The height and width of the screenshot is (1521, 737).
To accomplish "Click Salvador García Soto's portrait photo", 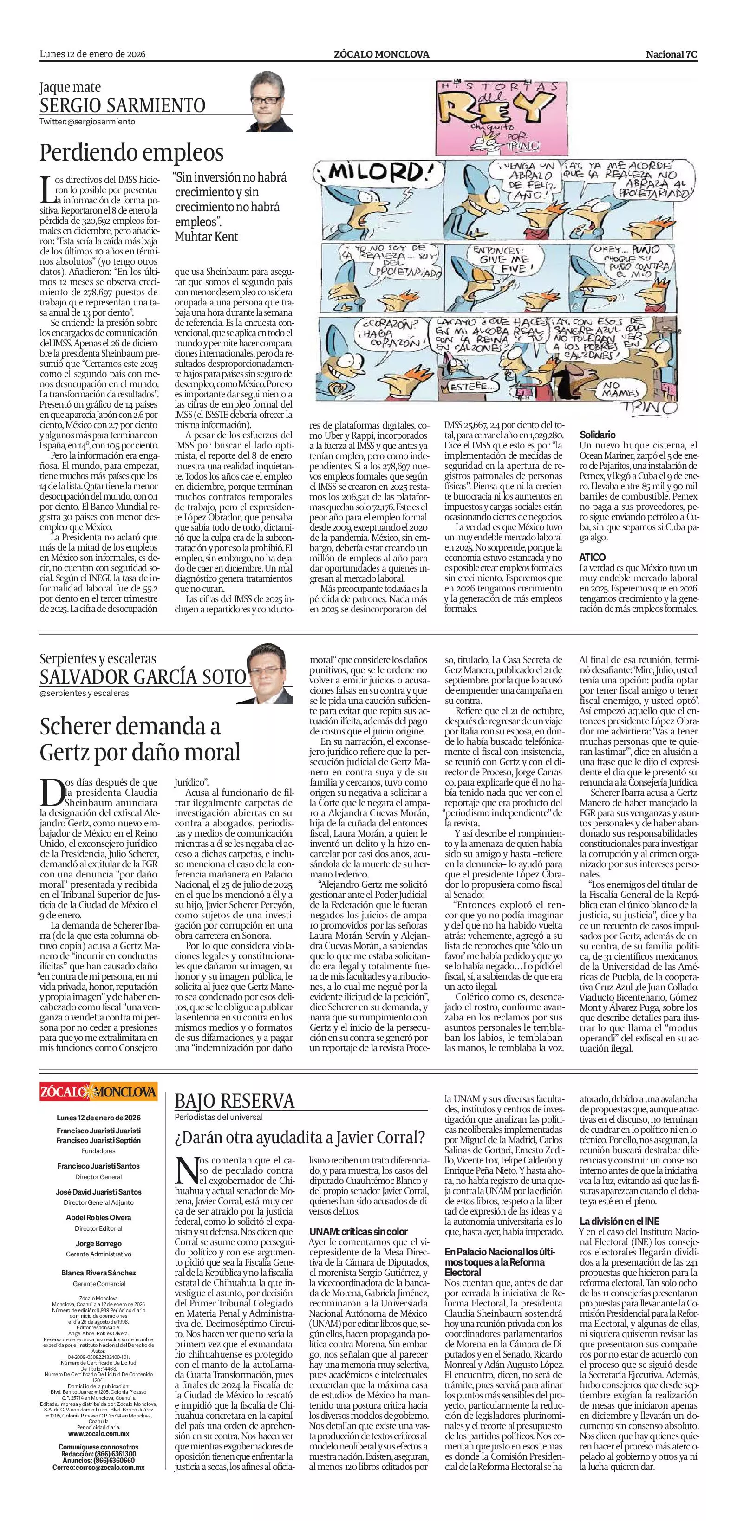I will coord(269,674).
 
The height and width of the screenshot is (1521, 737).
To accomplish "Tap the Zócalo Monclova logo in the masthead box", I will coord(98,1090).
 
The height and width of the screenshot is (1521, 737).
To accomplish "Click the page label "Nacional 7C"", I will coord(672,54).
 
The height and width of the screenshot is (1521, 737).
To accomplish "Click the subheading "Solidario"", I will coord(597,435).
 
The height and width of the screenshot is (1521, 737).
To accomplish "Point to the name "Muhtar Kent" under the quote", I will coord(206,236).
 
